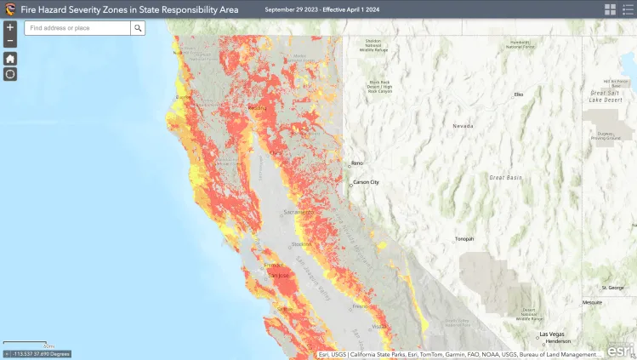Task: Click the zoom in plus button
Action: pyautogui.click(x=10, y=27)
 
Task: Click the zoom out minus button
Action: pyautogui.click(x=10, y=41)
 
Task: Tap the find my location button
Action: pyautogui.click(x=10, y=74)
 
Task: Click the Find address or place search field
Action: pyautogui.click(x=77, y=28)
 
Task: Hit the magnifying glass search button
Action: pyautogui.click(x=138, y=28)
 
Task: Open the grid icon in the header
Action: pyautogui.click(x=610, y=9)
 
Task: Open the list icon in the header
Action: pyautogui.click(x=628, y=9)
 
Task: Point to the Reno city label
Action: pyautogui.click(x=358, y=163)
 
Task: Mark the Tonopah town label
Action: pyautogui.click(x=464, y=238)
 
